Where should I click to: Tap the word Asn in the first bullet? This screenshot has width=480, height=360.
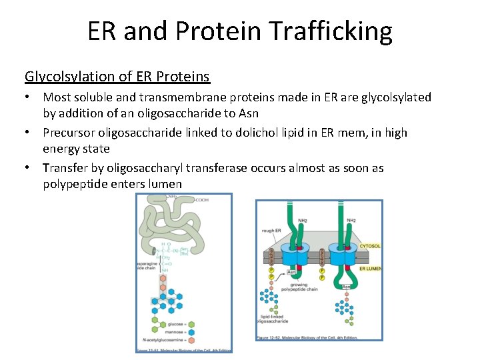click(247, 113)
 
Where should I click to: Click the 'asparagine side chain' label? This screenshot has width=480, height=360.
click(146, 267)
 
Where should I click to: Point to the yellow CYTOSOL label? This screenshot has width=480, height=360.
click(370, 246)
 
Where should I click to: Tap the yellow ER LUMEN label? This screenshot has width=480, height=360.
click(370, 268)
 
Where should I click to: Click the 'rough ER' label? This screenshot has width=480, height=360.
click(271, 231)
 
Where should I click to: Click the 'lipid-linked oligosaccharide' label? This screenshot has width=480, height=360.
click(271, 319)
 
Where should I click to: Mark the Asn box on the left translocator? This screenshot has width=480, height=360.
click(291, 272)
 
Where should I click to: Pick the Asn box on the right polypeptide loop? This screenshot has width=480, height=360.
click(346, 287)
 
